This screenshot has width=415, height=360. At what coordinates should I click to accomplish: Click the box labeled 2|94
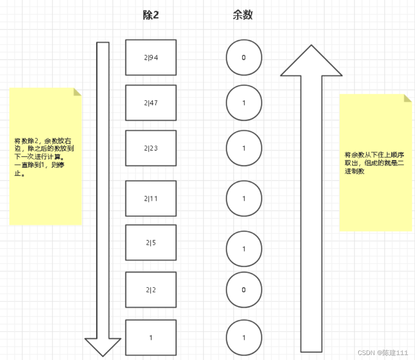coord(150,57)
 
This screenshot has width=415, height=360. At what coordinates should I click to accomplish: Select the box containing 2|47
coord(150,103)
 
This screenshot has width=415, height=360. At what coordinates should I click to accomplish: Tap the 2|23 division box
coord(150,148)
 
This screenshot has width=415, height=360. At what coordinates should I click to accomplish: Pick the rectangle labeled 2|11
coord(150,198)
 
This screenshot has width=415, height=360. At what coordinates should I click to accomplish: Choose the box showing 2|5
coord(150,242)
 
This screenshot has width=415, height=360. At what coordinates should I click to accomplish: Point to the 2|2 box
coord(150,290)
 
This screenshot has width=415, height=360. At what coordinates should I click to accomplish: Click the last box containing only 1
coord(150,337)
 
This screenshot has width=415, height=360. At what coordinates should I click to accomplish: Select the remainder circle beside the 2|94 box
coord(244,58)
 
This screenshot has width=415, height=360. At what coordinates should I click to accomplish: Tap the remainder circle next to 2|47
coord(244,103)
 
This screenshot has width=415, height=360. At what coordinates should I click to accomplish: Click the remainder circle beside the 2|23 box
coord(244,148)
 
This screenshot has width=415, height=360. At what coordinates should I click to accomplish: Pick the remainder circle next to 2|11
coord(244,198)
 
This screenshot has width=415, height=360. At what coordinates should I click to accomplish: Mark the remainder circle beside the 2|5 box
coord(244,249)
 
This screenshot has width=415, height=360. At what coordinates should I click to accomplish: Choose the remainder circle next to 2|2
coord(244,290)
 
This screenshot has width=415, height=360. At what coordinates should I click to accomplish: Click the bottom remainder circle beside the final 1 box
coord(244,337)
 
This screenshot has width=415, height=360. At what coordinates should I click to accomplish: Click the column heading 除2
coord(150,15)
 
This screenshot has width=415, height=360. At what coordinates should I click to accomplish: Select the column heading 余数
coord(242,15)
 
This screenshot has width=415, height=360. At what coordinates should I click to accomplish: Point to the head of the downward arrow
coord(103,346)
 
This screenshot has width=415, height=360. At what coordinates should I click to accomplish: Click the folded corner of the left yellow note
coord(78,91)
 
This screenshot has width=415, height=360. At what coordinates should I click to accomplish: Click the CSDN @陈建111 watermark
coord(383,353)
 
